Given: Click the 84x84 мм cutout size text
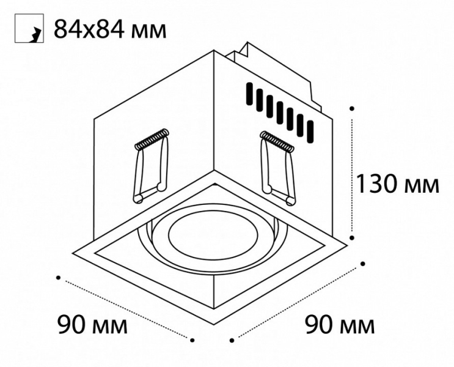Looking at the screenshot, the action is (110, 29).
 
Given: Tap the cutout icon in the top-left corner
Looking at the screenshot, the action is (29, 28).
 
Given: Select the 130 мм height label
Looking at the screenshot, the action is (398, 183).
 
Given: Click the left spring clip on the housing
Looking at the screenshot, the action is (151, 165).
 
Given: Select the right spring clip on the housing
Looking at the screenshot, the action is (277, 168).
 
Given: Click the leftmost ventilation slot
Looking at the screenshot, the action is (249, 94).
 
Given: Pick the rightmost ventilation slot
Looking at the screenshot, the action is (310, 132).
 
